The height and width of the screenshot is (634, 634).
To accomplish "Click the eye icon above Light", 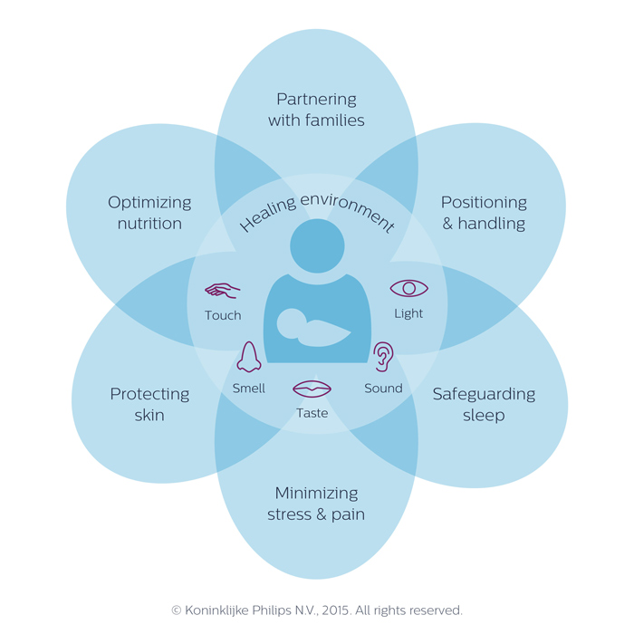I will point(408,288).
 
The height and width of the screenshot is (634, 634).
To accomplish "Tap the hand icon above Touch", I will point(222,290).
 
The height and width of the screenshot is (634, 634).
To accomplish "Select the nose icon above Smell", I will point(249,357).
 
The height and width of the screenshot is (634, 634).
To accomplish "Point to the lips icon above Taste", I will point(312,389).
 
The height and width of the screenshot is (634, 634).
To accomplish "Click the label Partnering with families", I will point(316,109).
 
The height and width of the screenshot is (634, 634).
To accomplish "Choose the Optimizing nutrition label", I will point(149,213).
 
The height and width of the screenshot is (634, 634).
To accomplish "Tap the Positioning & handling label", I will point(484,213).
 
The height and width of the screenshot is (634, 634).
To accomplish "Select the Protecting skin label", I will point(149,404).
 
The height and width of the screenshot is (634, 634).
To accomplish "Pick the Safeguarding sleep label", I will point(484,404).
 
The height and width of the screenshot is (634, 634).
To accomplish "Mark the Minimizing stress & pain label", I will point(316,504).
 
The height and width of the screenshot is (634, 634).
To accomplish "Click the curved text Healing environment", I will point(316,210).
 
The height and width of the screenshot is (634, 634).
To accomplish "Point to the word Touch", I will point(223,315).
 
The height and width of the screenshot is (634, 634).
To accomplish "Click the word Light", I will point(408,313).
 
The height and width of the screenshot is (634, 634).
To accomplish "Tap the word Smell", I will point(248,388).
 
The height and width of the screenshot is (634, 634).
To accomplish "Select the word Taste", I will point(312,413).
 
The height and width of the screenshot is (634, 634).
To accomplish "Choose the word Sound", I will point(383,388).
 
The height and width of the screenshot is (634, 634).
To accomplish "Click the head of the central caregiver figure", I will point(317,245).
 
